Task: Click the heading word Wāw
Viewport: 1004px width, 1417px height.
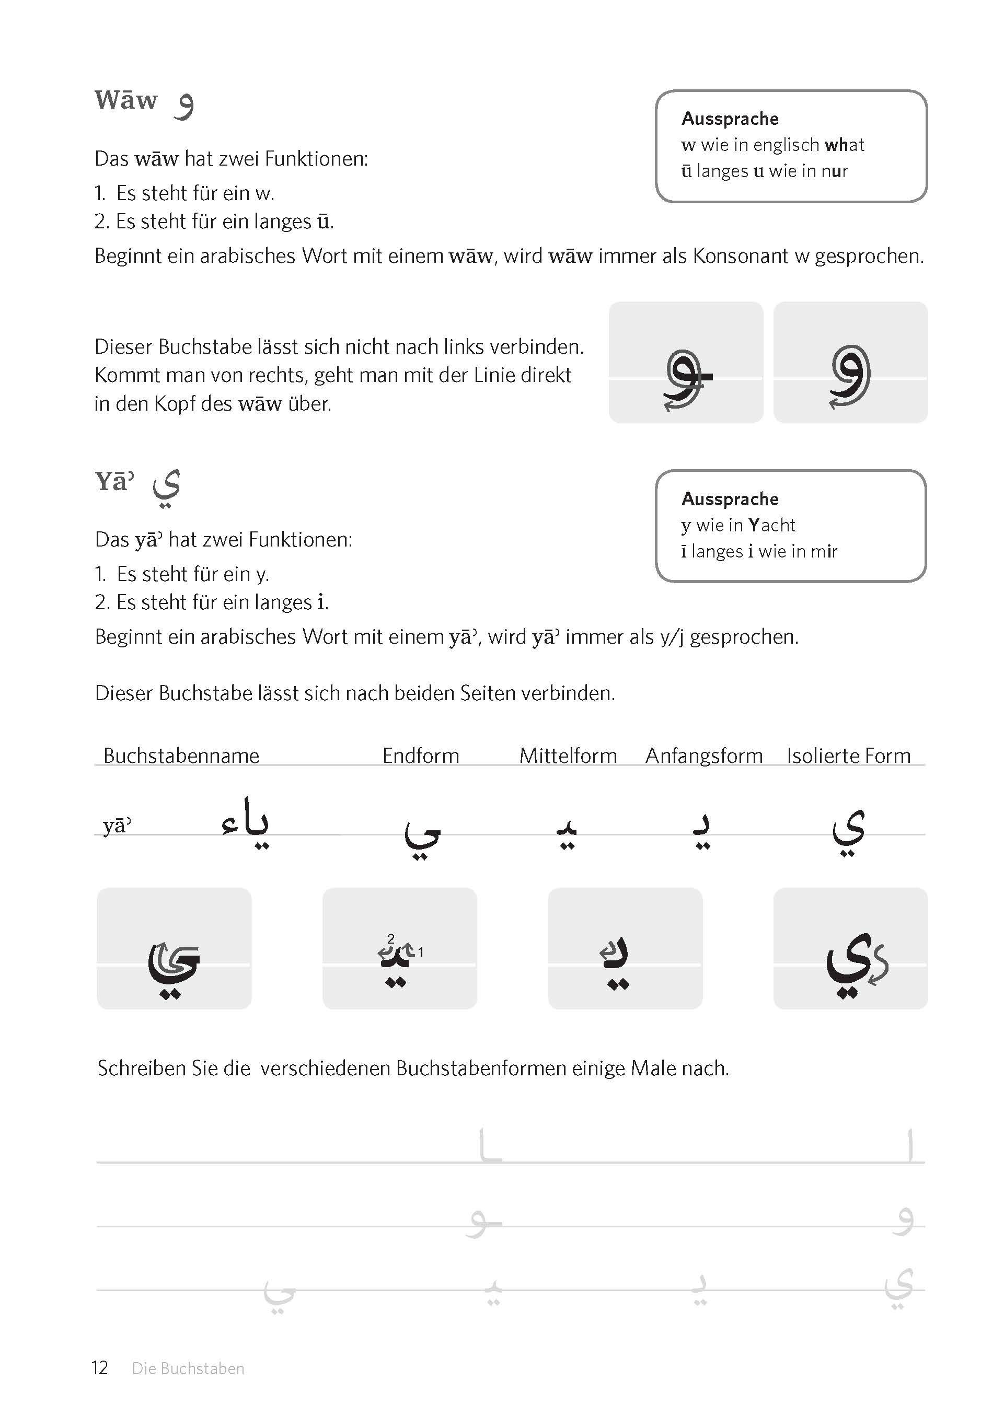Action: (126, 101)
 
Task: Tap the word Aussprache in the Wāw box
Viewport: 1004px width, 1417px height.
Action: (730, 118)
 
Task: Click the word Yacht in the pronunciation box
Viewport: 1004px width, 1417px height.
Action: (771, 525)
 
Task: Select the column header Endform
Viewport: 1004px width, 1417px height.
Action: (420, 755)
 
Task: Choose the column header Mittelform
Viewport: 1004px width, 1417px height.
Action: (568, 755)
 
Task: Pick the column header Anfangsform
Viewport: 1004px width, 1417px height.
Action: (703, 755)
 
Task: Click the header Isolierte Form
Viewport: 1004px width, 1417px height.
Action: (848, 755)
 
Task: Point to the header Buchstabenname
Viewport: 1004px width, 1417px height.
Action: (181, 755)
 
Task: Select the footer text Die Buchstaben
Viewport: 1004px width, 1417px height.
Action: (188, 1368)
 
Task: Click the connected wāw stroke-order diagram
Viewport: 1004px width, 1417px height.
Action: (686, 362)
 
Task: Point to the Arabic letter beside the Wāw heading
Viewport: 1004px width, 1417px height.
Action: (183, 105)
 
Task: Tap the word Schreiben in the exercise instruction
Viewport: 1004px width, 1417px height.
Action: (142, 1068)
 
